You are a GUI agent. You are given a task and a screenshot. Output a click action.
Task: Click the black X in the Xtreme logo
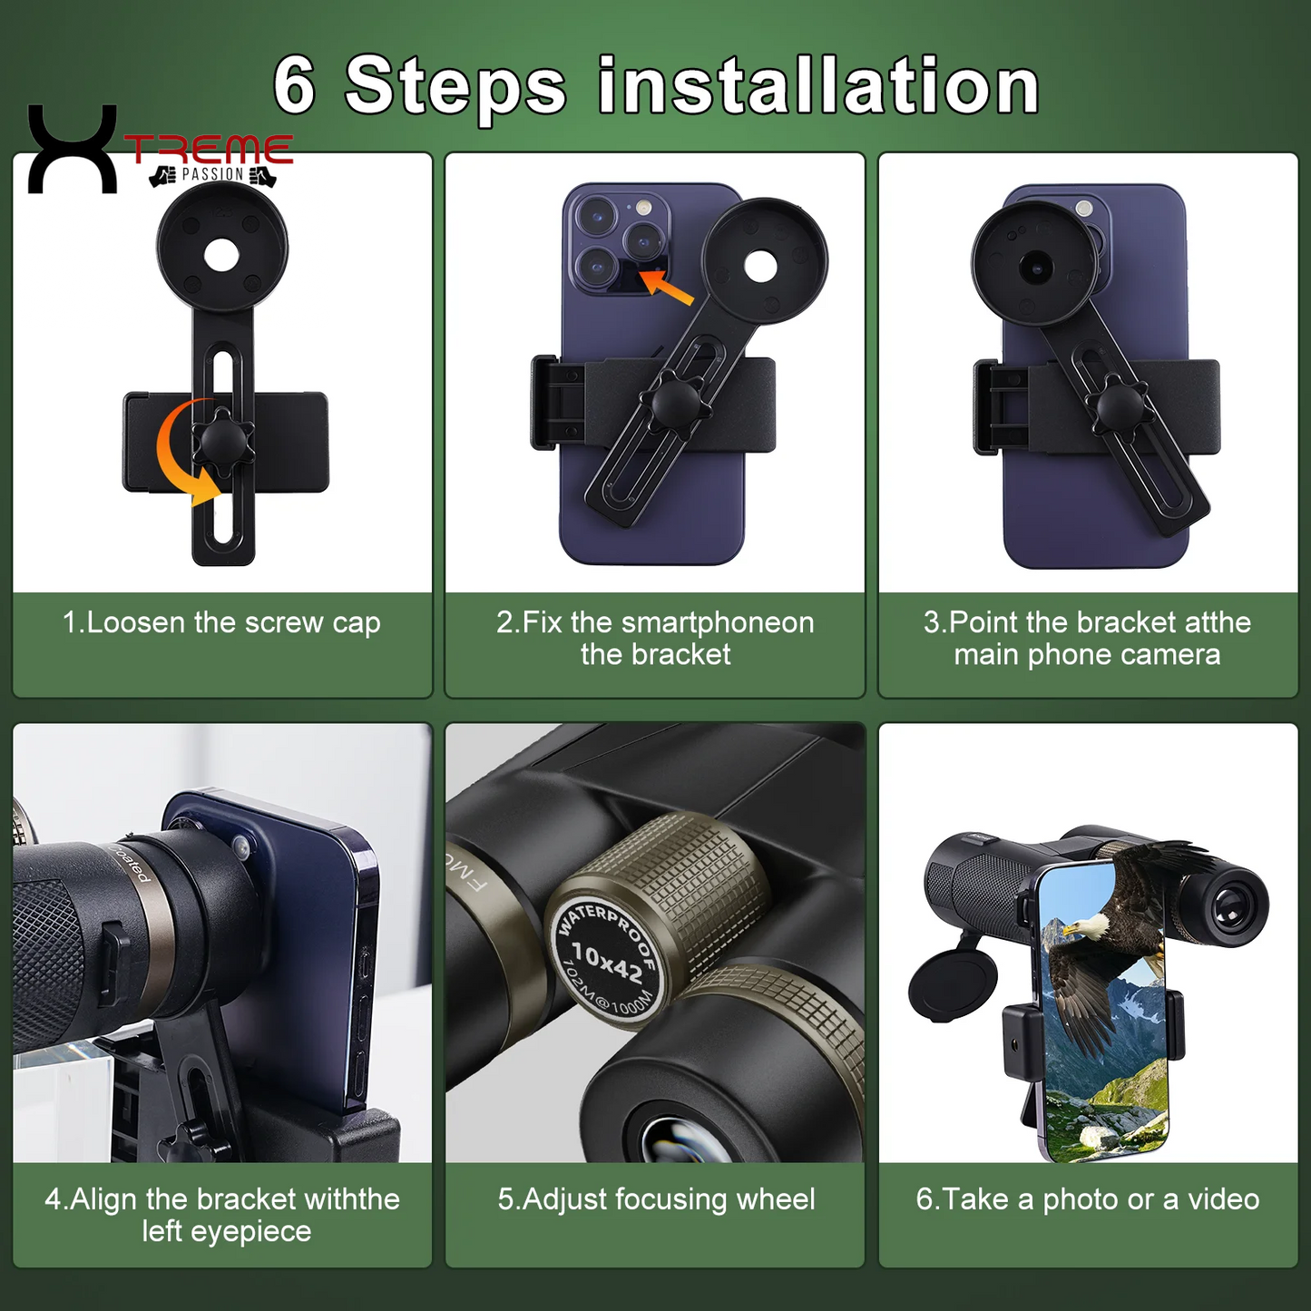(73, 150)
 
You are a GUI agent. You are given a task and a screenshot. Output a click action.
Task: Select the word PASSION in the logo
(213, 174)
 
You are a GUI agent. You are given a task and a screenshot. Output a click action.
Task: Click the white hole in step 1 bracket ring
(221, 255)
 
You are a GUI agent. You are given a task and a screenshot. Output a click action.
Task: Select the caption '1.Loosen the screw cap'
(221, 622)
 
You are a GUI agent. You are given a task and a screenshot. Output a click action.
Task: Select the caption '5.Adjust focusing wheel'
(656, 1199)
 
